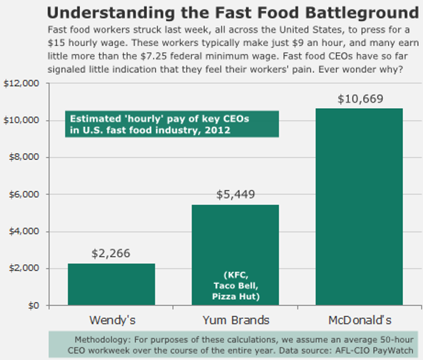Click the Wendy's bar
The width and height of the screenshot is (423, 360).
(111, 284)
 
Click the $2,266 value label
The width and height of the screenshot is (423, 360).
(111, 254)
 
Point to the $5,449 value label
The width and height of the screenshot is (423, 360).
(235, 195)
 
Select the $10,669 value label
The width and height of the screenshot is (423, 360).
(360, 98)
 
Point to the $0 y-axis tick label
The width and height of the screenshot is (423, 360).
(32, 306)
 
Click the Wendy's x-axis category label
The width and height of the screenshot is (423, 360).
(111, 320)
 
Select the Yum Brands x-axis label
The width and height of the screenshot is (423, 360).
(235, 320)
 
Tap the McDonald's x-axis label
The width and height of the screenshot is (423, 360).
(359, 320)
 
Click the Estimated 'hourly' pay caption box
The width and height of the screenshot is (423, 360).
(172, 124)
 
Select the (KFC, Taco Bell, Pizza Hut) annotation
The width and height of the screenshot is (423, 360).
(235, 285)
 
